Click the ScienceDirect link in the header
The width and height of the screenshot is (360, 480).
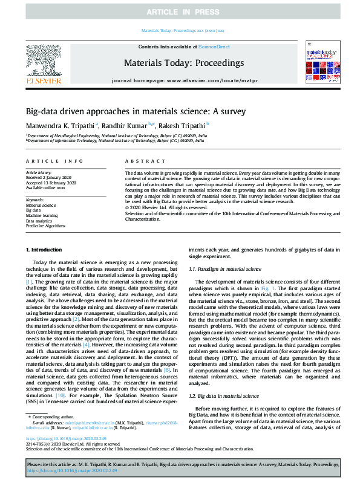pos(214,47)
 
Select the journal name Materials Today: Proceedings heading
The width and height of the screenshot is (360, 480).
pos(183,63)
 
